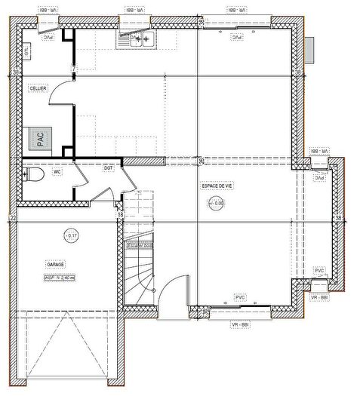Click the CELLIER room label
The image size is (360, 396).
(x=38, y=88)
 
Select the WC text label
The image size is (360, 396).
(x=57, y=172)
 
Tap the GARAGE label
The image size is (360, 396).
(x=55, y=265)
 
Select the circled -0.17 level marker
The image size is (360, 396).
(x=71, y=236)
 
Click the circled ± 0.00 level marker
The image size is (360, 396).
(x=215, y=203)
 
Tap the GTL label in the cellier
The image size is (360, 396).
(x=27, y=51)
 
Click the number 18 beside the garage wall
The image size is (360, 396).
(x=120, y=216)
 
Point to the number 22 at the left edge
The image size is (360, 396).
(x=12, y=218)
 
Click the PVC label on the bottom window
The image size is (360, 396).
(x=241, y=298)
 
